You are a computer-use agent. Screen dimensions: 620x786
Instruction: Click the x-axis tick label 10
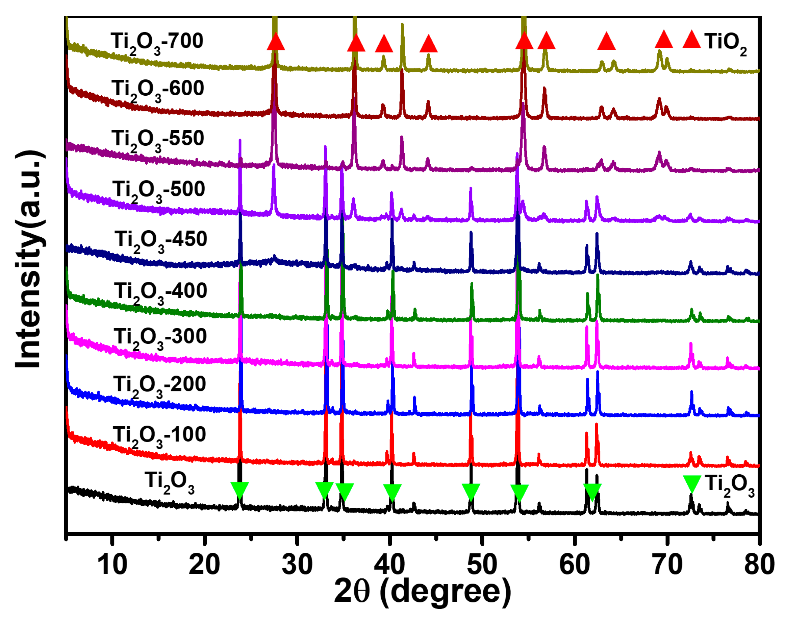click(112, 565)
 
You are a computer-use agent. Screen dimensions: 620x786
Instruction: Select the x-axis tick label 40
click(389, 565)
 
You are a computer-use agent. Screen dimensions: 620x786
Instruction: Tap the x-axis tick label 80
click(759, 565)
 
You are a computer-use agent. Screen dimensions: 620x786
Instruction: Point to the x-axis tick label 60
click(575, 565)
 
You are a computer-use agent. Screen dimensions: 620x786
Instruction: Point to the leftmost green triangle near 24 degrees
click(239, 490)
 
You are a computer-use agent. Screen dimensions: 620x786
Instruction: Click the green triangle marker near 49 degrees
click(471, 492)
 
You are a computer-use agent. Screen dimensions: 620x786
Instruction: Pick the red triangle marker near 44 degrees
click(428, 44)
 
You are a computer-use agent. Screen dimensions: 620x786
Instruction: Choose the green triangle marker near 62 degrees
click(592, 492)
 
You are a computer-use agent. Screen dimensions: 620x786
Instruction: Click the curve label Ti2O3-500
click(158, 191)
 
